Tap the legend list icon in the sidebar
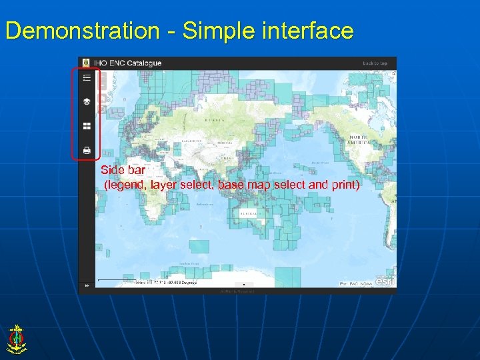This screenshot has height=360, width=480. pyautogui.click(x=87, y=78)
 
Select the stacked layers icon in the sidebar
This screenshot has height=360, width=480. pyautogui.click(x=87, y=102)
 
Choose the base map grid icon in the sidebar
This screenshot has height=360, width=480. pyautogui.click(x=87, y=126)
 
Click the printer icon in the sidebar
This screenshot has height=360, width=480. pyautogui.click(x=87, y=150)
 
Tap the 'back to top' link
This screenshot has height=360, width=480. pyautogui.click(x=375, y=63)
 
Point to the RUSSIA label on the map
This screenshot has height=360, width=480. pyautogui.click(x=215, y=120)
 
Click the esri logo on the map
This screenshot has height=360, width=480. pyautogui.click(x=385, y=281)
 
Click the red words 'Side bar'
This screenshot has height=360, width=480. pyautogui.click(x=123, y=171)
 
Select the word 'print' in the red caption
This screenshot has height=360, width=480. pyautogui.click(x=345, y=185)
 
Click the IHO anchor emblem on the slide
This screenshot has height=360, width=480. pyautogui.click(x=16, y=338)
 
